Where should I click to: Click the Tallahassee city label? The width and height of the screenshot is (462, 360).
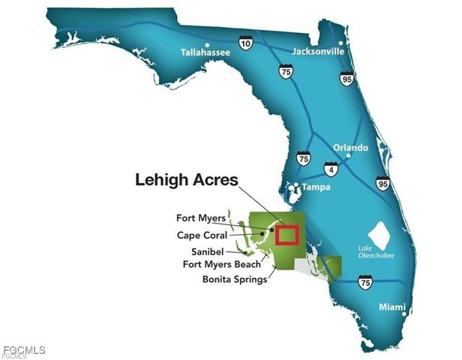(x=205, y=53)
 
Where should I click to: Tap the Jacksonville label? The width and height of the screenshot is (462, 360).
(x=319, y=52)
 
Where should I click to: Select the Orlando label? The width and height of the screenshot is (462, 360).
(x=350, y=148)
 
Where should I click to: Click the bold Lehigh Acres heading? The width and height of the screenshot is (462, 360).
(x=186, y=180)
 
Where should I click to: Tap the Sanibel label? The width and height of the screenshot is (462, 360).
(x=206, y=251)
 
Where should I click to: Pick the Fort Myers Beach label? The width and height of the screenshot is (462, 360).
(x=222, y=264)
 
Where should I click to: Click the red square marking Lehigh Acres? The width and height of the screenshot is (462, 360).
(x=287, y=235)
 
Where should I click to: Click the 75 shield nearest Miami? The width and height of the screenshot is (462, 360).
(x=364, y=281)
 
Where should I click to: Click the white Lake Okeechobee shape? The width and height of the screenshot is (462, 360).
(x=378, y=233)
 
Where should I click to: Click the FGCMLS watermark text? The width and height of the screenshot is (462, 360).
(x=24, y=350)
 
